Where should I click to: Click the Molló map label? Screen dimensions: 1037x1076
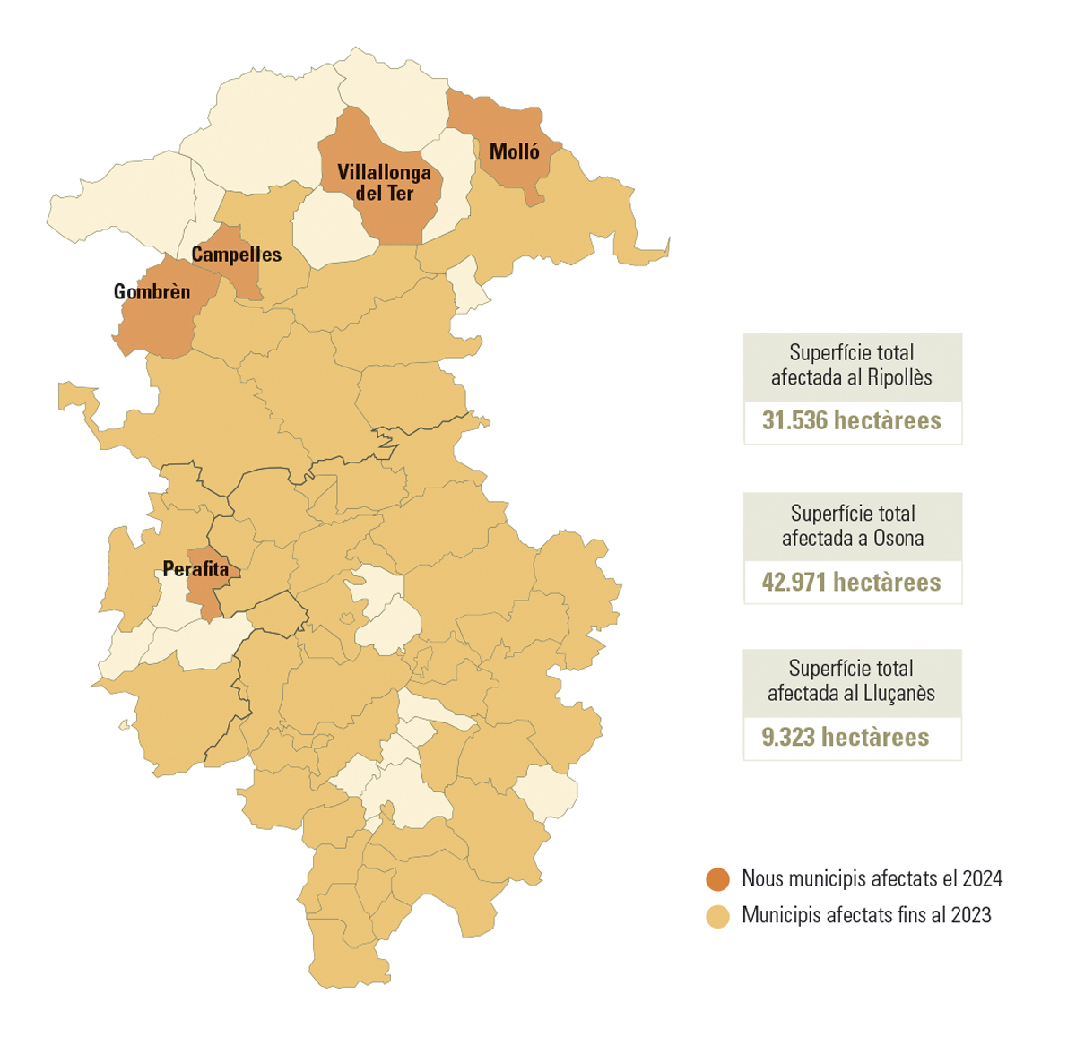tap(515, 151)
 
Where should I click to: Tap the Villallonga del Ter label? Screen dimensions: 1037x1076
tap(384, 182)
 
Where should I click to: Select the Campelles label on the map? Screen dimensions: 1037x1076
tap(237, 255)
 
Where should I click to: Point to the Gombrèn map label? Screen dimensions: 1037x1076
tap(152, 292)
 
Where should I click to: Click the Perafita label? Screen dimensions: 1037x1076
tap(195, 569)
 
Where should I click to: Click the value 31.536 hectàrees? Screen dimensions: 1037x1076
tap(851, 420)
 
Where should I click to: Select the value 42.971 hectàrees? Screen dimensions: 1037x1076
tap(851, 582)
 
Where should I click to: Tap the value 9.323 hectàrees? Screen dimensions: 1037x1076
tap(845, 737)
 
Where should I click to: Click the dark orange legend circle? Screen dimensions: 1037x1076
tap(717, 879)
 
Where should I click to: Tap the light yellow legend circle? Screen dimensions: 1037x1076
tap(717, 916)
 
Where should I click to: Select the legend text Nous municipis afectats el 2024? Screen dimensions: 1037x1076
tap(872, 878)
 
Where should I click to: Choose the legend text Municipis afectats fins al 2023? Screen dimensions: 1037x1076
tap(866, 915)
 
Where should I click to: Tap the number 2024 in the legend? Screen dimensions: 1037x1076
tap(980, 878)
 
